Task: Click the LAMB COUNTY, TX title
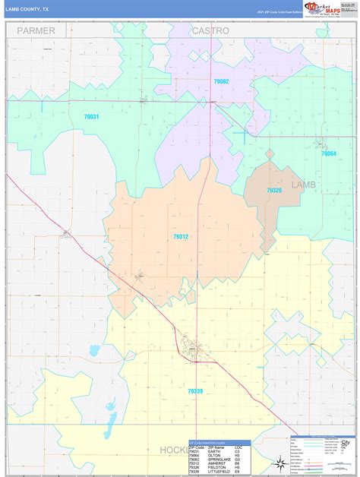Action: coord(28,9)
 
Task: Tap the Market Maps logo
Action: coord(322,8)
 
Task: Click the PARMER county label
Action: coord(37,30)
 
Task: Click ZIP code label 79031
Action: coord(92,116)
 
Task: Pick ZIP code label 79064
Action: coord(328,153)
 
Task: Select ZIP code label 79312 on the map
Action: coord(181,237)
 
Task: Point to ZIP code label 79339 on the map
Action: coord(194,391)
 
